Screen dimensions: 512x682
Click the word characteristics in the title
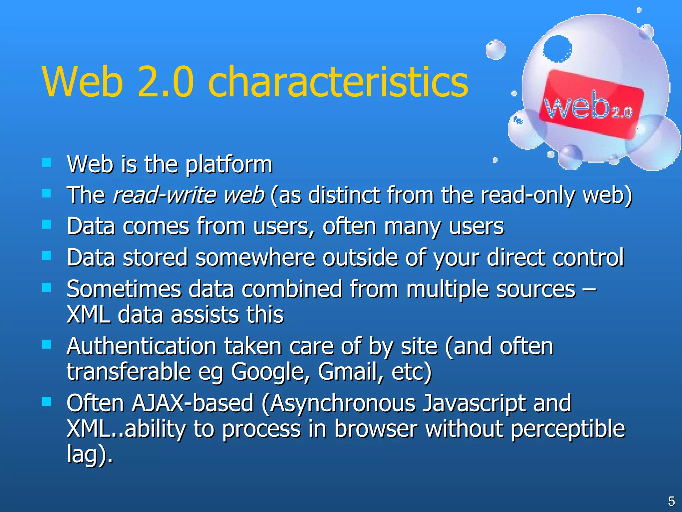tap(338, 82)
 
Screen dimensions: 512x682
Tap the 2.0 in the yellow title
tap(166, 82)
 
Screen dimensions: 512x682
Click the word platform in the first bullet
tap(229, 165)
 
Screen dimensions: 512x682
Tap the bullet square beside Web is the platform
tap(47, 163)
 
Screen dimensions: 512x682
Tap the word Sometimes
tap(124, 289)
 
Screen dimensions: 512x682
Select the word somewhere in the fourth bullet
tap(255, 258)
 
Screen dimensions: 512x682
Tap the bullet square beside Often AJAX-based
tap(47, 401)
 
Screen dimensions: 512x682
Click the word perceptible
tap(567, 429)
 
